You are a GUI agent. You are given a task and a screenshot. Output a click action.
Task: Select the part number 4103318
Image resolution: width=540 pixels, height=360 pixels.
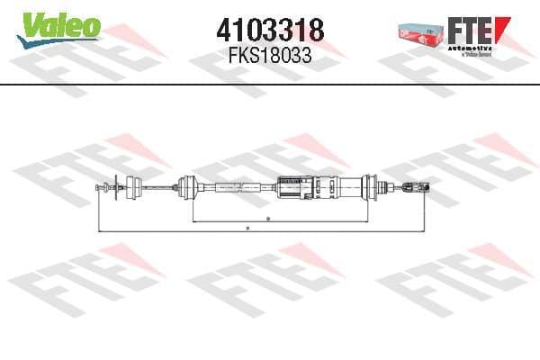[x=269, y=30]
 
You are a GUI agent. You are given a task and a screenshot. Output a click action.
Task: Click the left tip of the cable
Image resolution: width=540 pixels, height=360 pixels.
[x=96, y=187]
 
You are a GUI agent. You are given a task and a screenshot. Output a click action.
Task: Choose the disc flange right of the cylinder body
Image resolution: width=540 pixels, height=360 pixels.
[x=369, y=187]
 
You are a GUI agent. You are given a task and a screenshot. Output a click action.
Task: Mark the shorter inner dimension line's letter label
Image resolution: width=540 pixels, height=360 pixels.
[x=269, y=219]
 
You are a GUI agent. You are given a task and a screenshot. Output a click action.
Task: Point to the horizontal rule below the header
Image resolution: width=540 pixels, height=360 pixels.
[x=270, y=84]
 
